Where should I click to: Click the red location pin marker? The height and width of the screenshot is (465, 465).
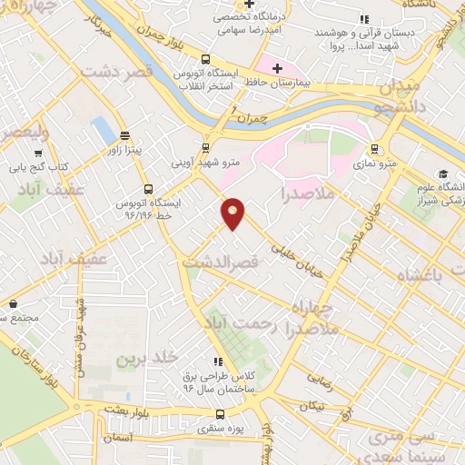233,213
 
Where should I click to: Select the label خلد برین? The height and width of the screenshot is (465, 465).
143,359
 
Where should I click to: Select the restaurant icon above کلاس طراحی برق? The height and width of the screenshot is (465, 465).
216,361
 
